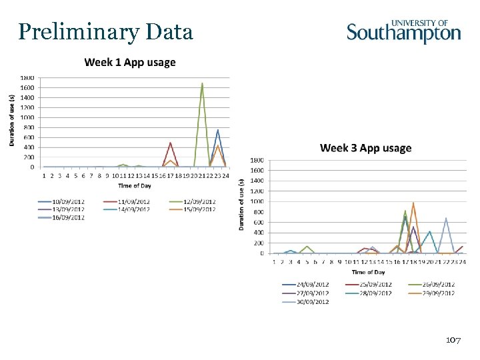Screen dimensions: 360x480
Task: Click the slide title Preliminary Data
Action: coord(106,31)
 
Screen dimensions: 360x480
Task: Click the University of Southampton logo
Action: coord(403,31)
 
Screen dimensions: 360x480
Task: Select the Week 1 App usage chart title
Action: coord(129,63)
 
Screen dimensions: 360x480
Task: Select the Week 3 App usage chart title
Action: coord(365,147)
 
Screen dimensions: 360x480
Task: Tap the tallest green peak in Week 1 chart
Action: coord(202,84)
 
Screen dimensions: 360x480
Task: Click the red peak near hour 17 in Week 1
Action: coord(170,143)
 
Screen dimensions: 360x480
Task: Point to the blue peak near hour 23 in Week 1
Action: coord(218,130)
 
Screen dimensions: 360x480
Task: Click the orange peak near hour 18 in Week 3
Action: coord(413,203)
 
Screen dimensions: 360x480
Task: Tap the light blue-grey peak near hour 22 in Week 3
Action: coord(446,219)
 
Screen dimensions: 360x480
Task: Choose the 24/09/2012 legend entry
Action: coord(305,285)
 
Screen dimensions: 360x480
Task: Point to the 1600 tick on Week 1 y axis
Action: coord(27,87)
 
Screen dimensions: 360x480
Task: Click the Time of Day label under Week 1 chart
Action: coord(135,185)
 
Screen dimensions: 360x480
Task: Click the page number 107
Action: coord(453,341)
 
